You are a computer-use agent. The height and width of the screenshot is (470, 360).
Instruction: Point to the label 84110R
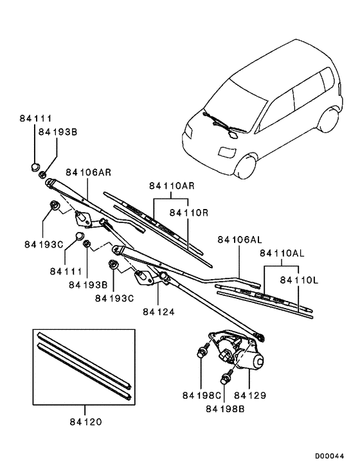[187, 210]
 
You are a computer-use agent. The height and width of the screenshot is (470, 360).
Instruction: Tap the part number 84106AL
[240, 239]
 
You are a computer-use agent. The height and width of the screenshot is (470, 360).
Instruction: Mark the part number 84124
[158, 312]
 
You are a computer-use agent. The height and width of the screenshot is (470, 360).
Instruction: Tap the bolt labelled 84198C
[201, 352]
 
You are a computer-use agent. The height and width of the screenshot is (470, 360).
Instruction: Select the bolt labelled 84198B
[226, 377]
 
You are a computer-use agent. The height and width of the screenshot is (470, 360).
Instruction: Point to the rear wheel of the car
[330, 122]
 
